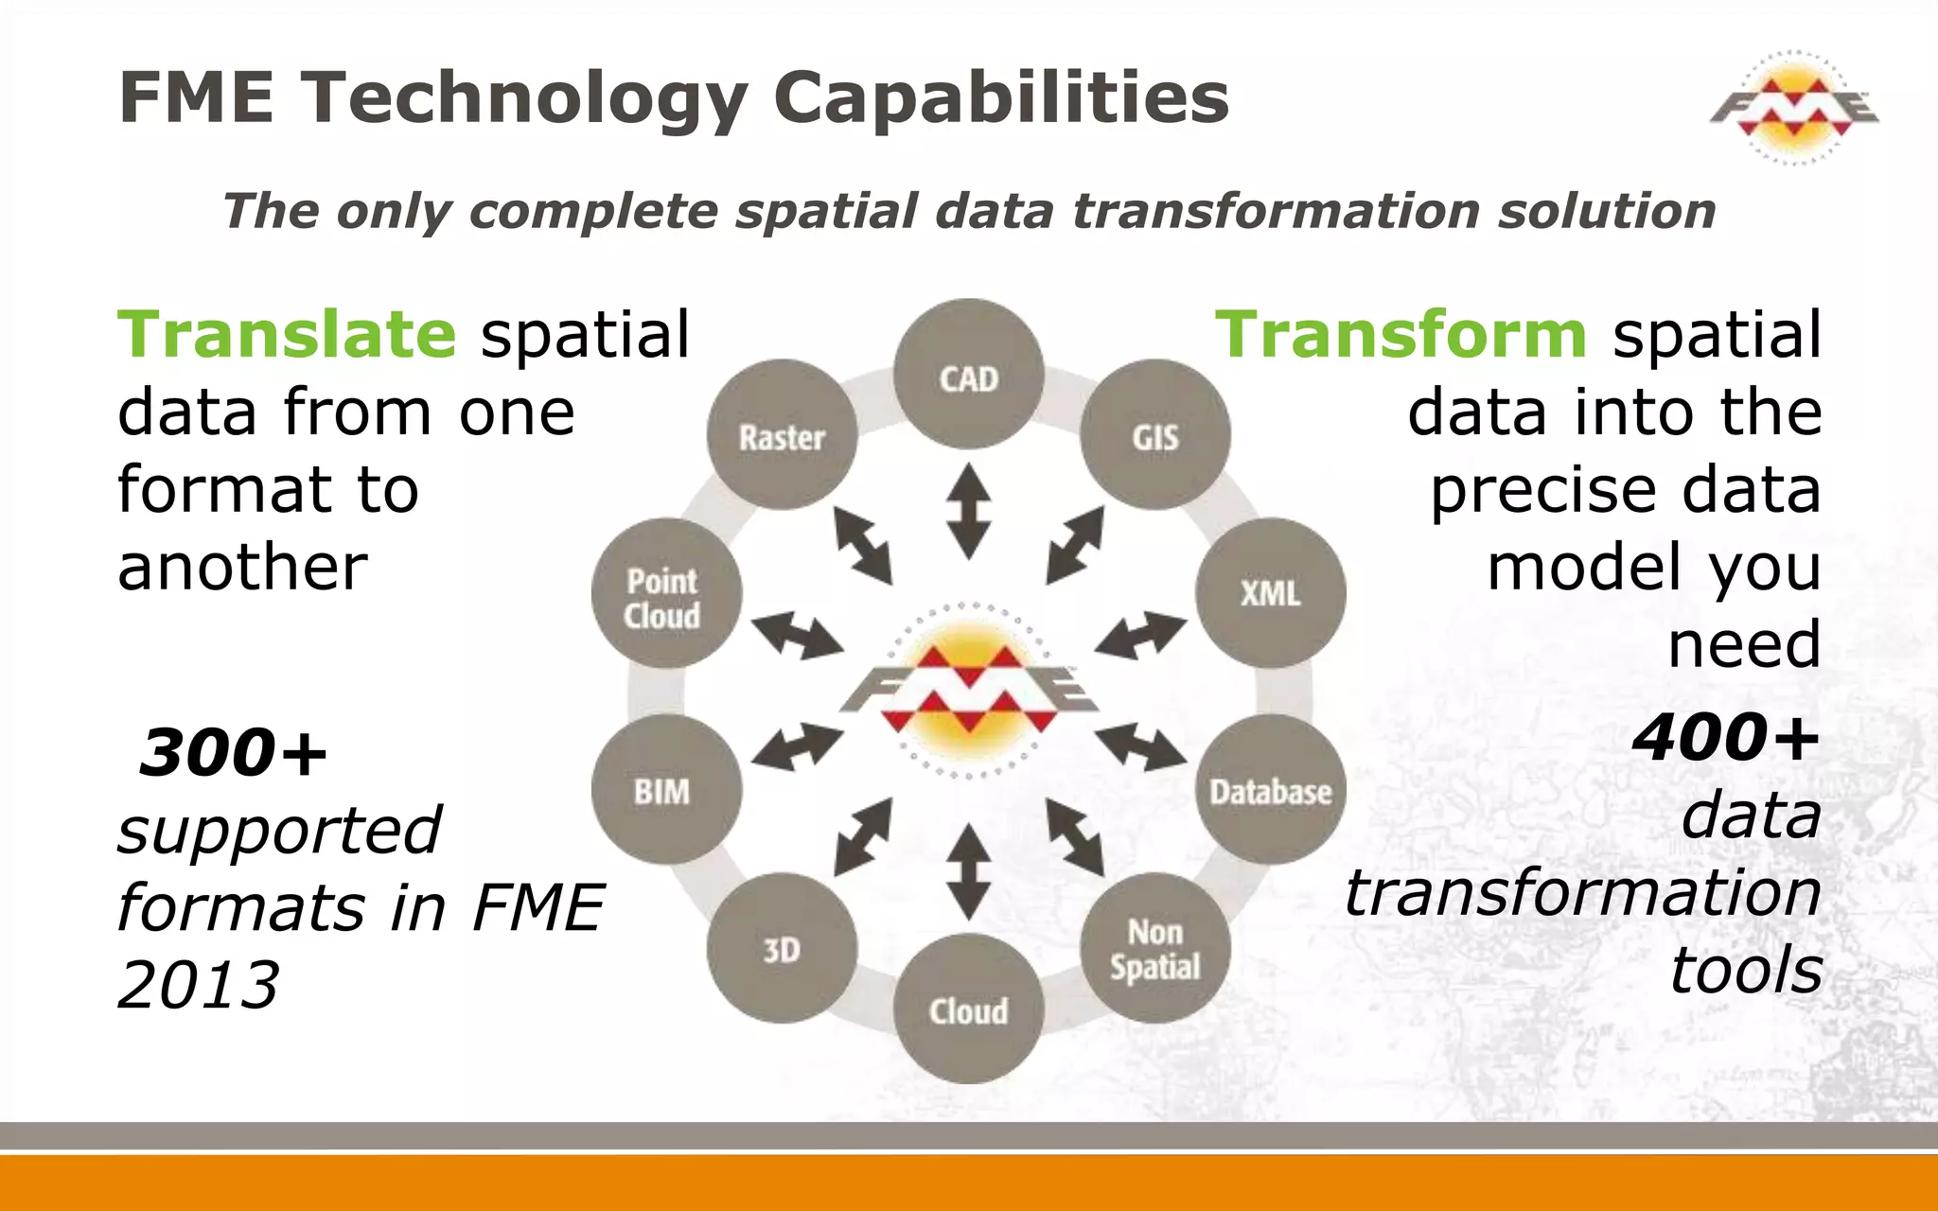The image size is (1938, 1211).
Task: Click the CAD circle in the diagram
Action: [x=969, y=375]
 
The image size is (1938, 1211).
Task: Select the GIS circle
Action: [x=1155, y=435]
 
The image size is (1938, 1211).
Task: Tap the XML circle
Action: [x=1270, y=593]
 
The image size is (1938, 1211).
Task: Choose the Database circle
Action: [x=1270, y=790]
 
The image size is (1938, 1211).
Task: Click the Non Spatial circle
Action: [x=1155, y=949]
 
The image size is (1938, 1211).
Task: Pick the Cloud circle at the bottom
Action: [x=969, y=1009]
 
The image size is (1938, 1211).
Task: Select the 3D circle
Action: [x=782, y=949]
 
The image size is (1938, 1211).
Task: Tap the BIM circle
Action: [x=666, y=790]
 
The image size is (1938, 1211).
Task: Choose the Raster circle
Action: [x=782, y=435]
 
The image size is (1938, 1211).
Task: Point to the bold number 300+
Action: [x=234, y=753]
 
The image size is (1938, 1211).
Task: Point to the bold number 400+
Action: [x=1726, y=738]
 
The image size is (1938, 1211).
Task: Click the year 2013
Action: [x=199, y=986]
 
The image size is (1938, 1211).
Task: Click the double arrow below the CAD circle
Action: [x=969, y=511]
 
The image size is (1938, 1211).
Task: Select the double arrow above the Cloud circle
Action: [x=969, y=871]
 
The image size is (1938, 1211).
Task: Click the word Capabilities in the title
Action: [x=1001, y=97]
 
